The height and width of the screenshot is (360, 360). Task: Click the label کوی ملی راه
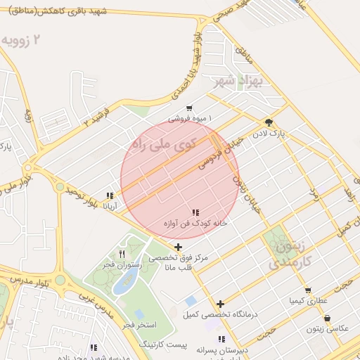[153, 145]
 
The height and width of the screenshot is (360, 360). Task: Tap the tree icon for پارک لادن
[269, 122]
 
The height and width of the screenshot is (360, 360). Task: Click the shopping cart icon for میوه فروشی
[188, 108]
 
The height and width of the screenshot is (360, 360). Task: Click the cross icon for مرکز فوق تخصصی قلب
[179, 247]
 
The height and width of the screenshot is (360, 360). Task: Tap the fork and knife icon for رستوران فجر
[122, 254]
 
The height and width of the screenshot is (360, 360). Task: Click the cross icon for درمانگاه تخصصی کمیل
[220, 304]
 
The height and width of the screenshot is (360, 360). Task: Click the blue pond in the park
[125, 281]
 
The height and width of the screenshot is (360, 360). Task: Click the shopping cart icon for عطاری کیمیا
[308, 290]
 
